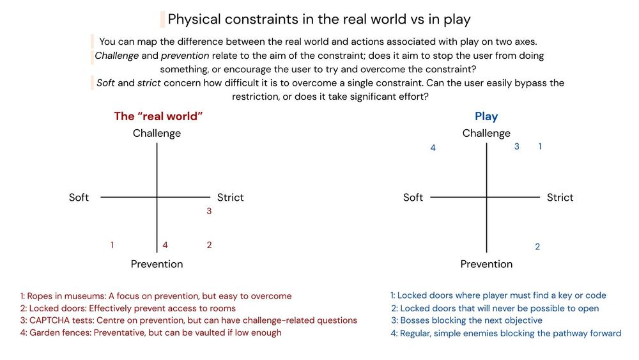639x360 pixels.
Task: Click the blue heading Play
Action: coord(486,116)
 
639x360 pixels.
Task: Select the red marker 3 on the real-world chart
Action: coord(209,211)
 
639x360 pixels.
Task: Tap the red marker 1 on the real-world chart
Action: coord(112,245)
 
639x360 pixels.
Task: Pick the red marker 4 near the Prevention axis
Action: coord(165,245)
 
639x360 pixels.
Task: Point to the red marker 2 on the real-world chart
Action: coord(209,245)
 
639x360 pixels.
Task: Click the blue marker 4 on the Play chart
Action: coord(433,148)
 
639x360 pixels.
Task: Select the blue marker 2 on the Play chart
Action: coord(537,247)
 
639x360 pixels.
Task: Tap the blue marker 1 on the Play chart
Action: coord(540,146)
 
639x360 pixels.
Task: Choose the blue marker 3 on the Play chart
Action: coord(517,146)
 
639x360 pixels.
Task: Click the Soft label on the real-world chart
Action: coord(79,197)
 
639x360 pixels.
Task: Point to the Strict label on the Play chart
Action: coord(560,197)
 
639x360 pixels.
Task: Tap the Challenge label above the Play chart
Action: coord(486,133)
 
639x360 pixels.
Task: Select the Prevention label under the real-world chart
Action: coord(157,264)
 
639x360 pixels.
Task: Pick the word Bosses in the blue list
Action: coord(415,320)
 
